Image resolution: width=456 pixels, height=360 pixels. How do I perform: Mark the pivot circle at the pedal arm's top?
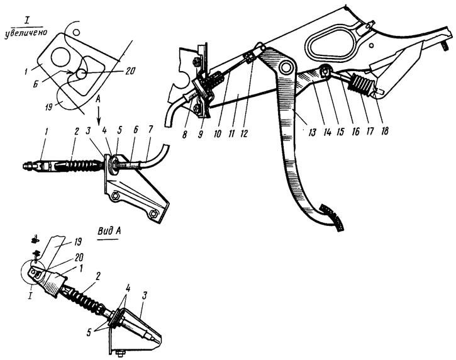pyautogui.click(x=287, y=66)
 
